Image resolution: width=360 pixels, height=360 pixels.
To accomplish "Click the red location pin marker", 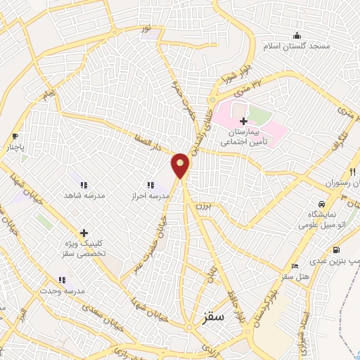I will click(x=181, y=165).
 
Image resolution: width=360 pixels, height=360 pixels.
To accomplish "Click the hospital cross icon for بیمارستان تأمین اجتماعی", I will click(x=243, y=121).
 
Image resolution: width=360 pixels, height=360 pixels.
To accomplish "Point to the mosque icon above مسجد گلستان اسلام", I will click(x=297, y=35).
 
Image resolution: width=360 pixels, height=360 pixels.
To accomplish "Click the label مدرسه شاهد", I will click(x=84, y=195).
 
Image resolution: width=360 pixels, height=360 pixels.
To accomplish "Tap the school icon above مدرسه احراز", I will click(x=150, y=185).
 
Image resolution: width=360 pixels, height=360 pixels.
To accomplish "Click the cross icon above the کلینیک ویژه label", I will click(x=84, y=232).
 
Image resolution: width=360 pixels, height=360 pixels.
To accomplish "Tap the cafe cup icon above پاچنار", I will click(x=15, y=136).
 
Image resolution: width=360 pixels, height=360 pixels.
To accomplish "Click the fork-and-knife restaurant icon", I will click(x=352, y=172).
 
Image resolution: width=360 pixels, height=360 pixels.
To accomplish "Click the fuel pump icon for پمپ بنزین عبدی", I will click(x=335, y=250).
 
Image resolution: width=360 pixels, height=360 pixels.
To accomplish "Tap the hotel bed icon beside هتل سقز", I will click(x=295, y=266).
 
